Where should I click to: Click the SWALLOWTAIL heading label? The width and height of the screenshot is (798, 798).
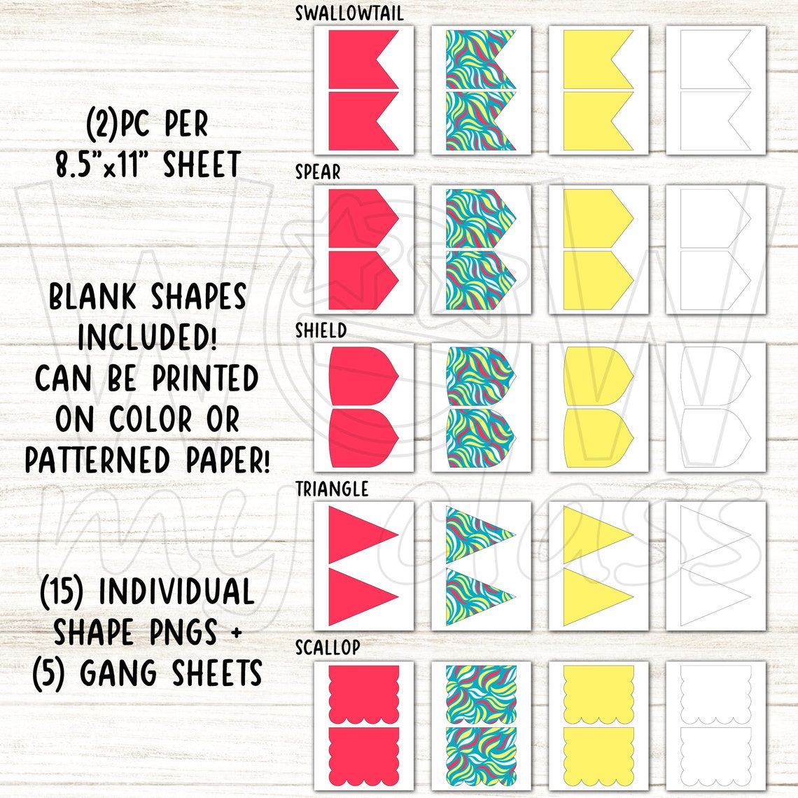(349, 13)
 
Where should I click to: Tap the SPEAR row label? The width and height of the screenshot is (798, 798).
(317, 172)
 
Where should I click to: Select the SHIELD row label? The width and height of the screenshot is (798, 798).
(321, 330)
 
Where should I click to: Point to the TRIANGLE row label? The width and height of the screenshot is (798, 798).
(331, 489)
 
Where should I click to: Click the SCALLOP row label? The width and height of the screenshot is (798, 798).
(327, 647)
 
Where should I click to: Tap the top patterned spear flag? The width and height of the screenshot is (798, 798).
(476, 218)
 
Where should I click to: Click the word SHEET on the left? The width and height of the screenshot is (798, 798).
(202, 165)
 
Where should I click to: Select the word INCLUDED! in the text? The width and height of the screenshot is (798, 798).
(147, 338)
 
